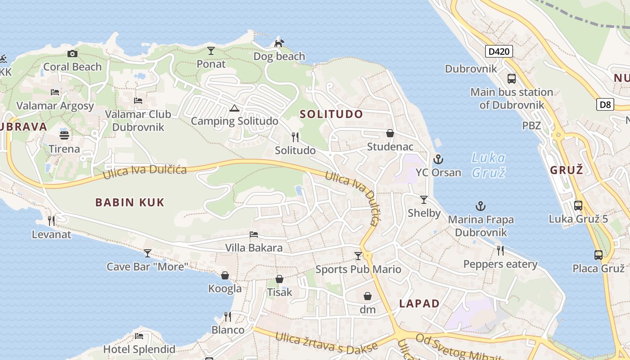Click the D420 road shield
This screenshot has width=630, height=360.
[499, 51]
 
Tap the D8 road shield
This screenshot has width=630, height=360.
[605, 105]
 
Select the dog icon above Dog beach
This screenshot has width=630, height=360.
[279, 43]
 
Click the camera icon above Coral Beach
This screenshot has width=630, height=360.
[72, 54]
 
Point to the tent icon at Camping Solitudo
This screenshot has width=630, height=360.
[234, 108]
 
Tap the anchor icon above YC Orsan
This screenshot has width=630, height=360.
[438, 159]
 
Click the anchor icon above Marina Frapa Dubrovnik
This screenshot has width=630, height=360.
[481, 207]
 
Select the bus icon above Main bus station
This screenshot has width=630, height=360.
[512, 79]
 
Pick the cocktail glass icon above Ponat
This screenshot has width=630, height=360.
[211, 50]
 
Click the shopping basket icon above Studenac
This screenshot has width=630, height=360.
[390, 134]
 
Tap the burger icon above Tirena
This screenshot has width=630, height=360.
[64, 135]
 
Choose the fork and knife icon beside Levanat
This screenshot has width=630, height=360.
[51, 221]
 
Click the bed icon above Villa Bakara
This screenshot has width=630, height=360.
[254, 234]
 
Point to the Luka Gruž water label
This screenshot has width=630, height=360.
[488, 165]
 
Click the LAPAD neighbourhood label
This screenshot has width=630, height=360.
[419, 304]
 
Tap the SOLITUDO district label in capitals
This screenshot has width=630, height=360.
[331, 114]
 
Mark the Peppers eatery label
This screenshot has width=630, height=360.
[500, 264]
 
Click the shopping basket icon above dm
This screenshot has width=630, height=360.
[368, 296]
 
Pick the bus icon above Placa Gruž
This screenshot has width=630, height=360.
[598, 255]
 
